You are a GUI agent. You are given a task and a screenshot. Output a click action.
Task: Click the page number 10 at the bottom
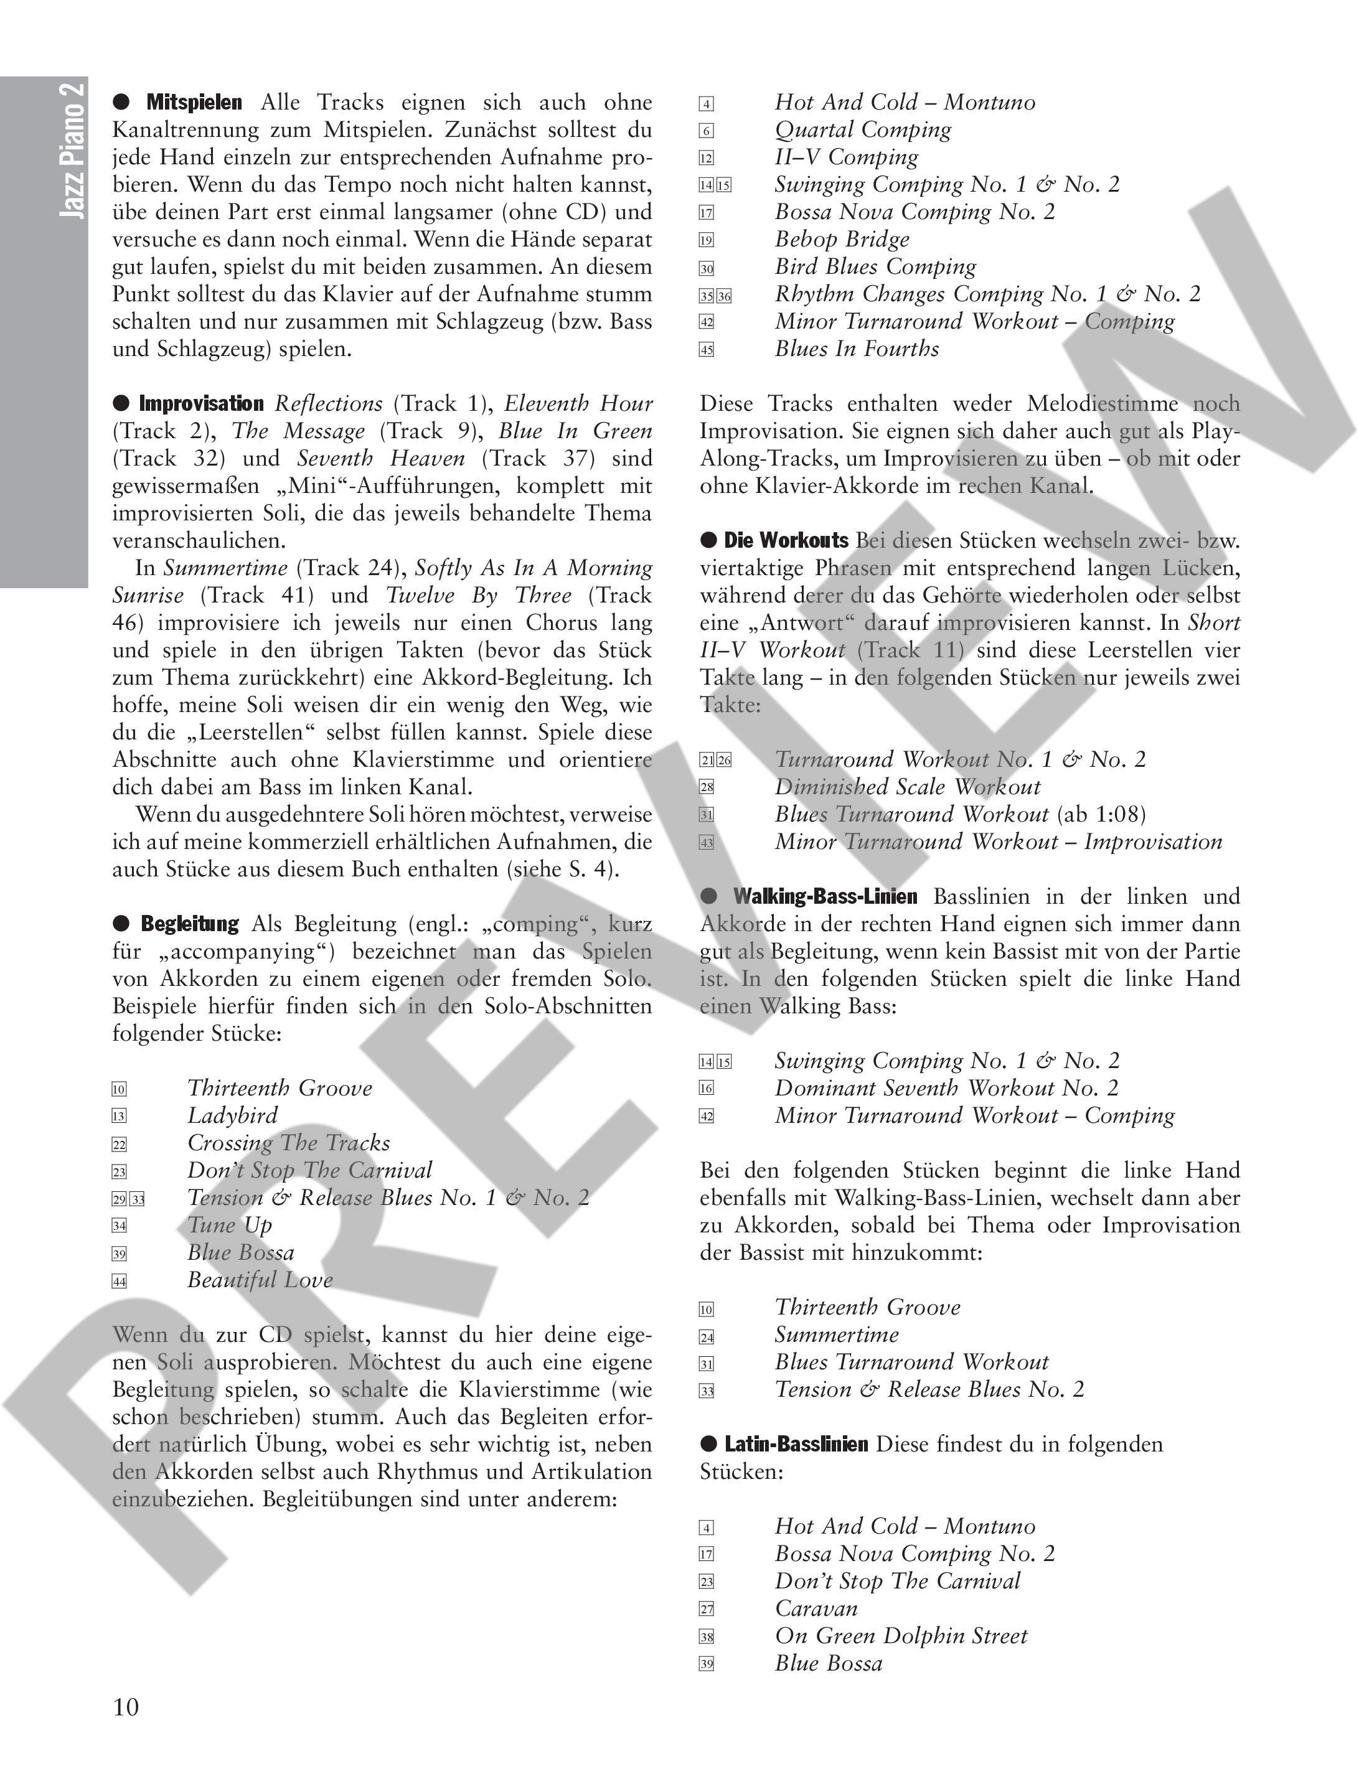[126, 1707]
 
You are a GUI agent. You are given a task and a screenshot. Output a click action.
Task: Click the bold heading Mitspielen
[194, 103]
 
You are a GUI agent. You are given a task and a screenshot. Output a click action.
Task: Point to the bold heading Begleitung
[190, 924]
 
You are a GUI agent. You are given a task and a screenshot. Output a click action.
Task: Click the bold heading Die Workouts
[786, 540]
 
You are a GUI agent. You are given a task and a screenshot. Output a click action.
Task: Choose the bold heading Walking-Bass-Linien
[825, 896]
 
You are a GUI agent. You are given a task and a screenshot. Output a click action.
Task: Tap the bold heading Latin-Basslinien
[796, 1444]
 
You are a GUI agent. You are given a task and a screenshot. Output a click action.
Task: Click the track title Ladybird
[232, 1115]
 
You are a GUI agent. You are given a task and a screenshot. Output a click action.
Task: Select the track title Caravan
[816, 1608]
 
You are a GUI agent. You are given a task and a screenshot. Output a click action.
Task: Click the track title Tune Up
[230, 1226]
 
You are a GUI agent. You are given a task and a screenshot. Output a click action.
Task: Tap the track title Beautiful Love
[260, 1280]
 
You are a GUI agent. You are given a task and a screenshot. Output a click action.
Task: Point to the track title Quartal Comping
[863, 129]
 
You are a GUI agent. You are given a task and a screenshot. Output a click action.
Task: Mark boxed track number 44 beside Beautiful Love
[120, 1282]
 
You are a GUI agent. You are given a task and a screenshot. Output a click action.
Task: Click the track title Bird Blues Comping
[875, 267]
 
